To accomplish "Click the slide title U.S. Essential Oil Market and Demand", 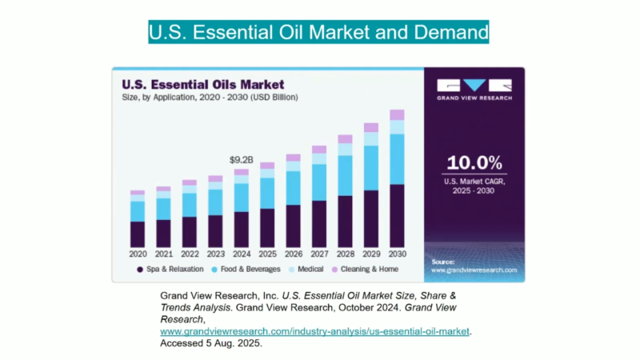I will (x=318, y=33).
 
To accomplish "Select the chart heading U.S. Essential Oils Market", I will (x=202, y=83).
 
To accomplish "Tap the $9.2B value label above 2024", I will (x=241, y=160).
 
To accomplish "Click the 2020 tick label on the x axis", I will (x=138, y=254).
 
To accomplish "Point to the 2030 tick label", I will (x=398, y=254).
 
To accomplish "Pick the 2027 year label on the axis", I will (x=319, y=254).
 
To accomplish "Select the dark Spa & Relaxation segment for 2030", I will (x=398, y=215).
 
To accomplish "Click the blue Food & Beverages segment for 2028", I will (x=345, y=175).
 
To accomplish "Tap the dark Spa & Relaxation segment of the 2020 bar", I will (x=138, y=234).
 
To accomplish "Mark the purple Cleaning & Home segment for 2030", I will (x=398, y=114).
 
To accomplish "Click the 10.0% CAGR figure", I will (x=474, y=162).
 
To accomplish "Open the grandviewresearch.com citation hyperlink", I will (x=315, y=330).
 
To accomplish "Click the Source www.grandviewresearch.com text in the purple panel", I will (x=472, y=266).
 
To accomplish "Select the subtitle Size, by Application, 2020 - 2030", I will (x=210, y=98).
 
